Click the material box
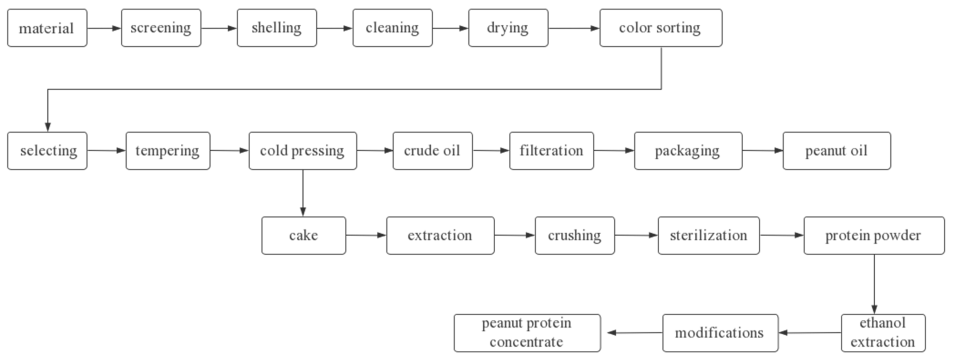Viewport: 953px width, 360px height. (47, 28)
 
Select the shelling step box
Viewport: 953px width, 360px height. (276, 28)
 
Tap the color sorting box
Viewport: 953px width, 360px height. (660, 28)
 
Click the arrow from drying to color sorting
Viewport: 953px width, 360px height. (574, 28)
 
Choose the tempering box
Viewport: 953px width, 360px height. (168, 151)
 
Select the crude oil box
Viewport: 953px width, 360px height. (432, 151)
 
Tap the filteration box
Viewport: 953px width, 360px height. (551, 151)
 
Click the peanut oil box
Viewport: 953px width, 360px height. (837, 151)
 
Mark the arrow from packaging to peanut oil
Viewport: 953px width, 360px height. (762, 151)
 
